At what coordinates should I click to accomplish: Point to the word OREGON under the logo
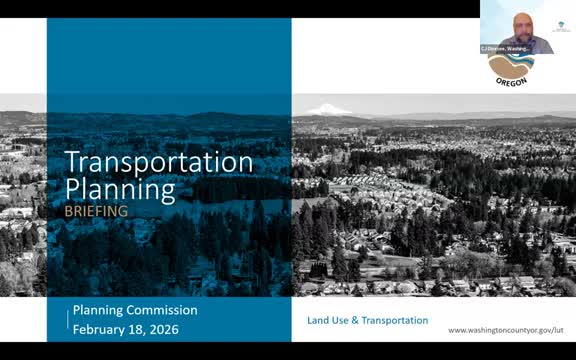click(x=511, y=82)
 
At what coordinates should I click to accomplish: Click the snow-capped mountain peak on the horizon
click(x=327, y=109)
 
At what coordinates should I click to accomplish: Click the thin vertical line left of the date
click(x=69, y=319)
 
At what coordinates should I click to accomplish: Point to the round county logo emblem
click(x=511, y=66)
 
